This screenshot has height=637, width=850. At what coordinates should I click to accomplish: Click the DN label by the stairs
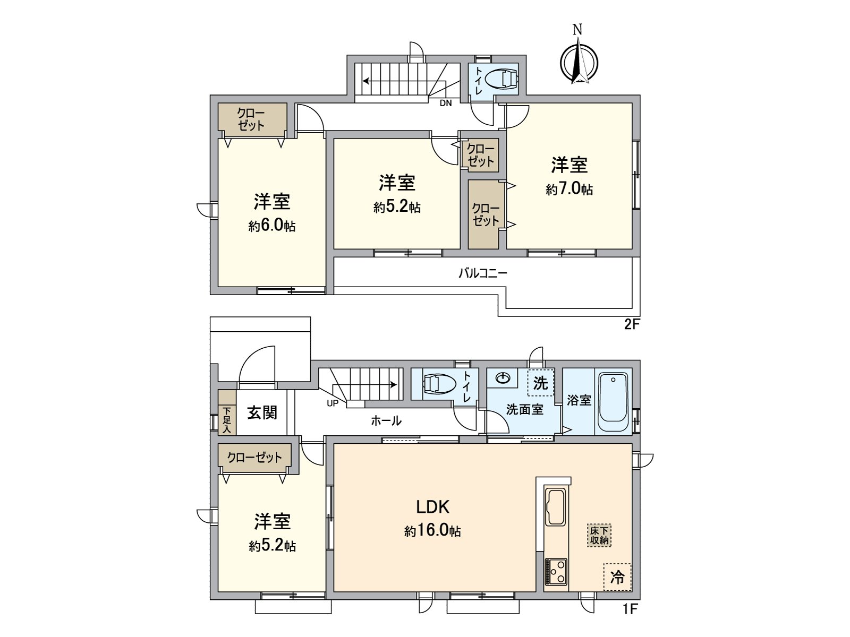(445, 104)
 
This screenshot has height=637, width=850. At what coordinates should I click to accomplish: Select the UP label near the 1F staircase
(332, 403)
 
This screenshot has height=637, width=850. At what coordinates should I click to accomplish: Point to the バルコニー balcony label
(482, 273)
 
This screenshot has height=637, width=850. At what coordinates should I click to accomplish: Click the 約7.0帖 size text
(569, 190)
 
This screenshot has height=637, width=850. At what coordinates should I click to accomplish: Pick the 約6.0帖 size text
(271, 226)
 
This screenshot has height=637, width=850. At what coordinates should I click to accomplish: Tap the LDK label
(432, 507)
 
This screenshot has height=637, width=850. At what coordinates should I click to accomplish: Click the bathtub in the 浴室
(613, 403)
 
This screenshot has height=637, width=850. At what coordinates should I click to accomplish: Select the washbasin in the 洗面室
(503, 378)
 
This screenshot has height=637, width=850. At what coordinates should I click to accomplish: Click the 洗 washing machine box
(540, 383)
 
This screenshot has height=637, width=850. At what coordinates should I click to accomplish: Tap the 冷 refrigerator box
(617, 576)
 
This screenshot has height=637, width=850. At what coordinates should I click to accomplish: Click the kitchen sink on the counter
(556, 507)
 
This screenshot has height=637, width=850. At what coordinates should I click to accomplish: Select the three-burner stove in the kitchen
(556, 572)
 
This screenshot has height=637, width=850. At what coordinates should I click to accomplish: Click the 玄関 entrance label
(262, 412)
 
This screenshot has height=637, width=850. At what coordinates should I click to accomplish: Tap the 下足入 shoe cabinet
(227, 420)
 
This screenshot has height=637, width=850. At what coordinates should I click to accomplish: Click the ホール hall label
(386, 421)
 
